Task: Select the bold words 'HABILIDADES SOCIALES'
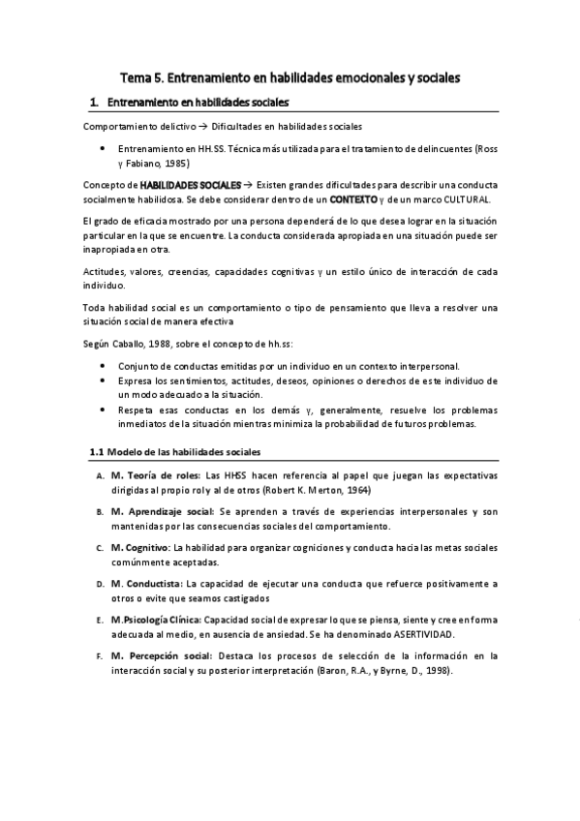191,184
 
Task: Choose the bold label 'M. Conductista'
146,584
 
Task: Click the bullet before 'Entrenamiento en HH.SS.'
104,150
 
